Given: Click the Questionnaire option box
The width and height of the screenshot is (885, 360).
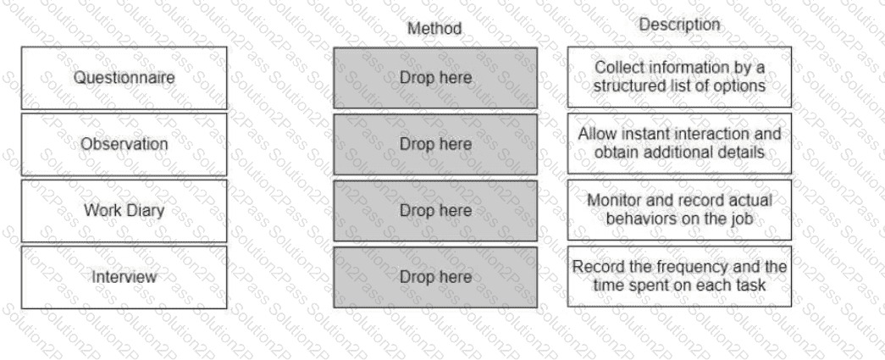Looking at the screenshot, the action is point(124,78).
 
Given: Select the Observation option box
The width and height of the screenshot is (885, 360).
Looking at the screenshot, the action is point(124,145).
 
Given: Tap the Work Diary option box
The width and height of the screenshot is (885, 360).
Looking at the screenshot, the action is point(124,210).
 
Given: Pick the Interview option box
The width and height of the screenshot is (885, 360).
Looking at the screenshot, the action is point(124,277).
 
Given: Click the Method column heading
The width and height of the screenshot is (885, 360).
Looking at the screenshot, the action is point(434,28).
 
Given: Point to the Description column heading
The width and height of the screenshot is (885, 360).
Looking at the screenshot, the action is point(679,25).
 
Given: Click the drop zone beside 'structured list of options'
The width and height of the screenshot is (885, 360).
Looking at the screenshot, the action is point(435,78).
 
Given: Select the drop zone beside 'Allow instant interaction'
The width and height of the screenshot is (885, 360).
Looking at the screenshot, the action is point(435,145).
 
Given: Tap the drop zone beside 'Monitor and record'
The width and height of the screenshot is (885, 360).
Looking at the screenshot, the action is point(435,210).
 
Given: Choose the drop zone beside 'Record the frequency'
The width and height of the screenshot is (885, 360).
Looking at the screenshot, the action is point(435,277).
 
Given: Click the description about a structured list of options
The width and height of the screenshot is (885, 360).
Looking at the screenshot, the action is point(679,77).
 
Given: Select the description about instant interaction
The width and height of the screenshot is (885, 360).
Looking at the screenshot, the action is point(679,143).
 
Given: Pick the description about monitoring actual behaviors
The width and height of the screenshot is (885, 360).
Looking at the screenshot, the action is point(679,210).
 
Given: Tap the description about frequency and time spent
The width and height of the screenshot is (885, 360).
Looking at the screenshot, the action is point(679,276).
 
